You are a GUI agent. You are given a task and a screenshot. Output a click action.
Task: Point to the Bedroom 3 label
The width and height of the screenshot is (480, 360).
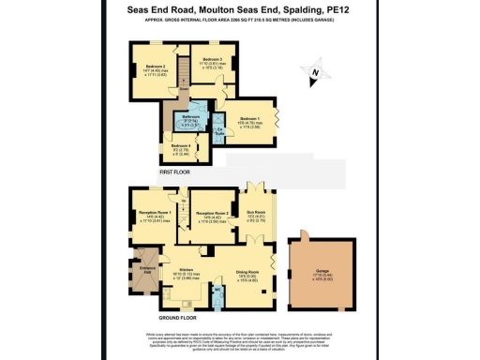coord(213,59)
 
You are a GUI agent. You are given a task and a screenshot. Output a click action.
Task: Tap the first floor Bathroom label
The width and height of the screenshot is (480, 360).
coord(191,119)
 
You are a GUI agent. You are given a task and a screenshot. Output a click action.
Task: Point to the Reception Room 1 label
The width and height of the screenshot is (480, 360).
coord(153,215)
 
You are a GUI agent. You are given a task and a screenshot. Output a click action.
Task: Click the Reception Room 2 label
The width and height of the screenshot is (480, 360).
coord(212,215)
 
